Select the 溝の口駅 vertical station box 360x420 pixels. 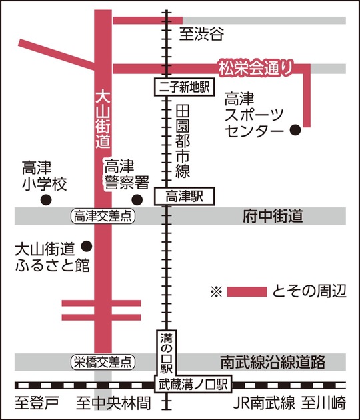[x=165, y=353]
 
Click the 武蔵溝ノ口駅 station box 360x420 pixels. [x=193, y=384]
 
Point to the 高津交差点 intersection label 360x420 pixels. [x=104, y=216]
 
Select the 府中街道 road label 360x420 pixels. [x=273, y=216]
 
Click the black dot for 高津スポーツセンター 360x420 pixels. [x=293, y=131]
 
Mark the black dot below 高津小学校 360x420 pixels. [x=46, y=199]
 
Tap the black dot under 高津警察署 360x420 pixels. [x=137, y=199]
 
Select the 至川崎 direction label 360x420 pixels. [x=323, y=403]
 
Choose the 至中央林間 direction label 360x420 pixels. [x=113, y=403]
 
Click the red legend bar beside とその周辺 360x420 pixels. [x=247, y=291]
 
